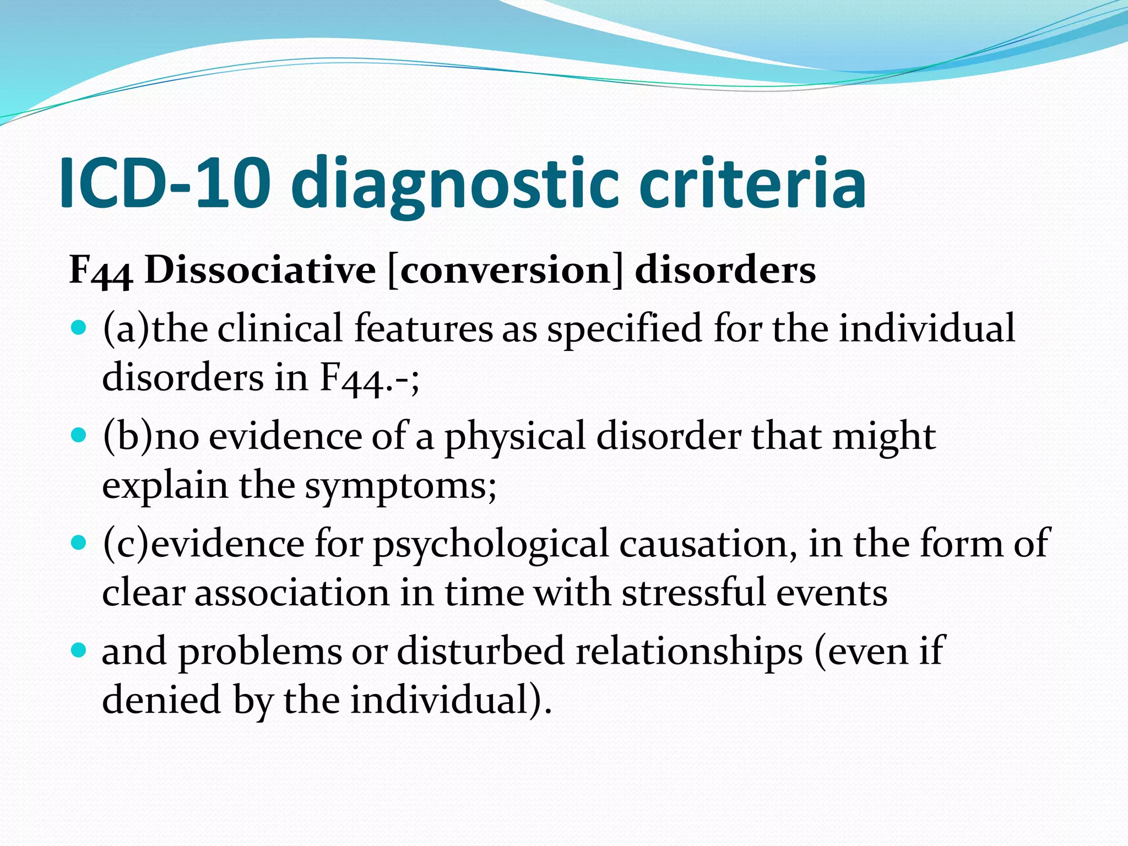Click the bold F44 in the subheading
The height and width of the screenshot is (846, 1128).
pos(101,271)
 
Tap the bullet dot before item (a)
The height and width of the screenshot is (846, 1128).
pos(80,329)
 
